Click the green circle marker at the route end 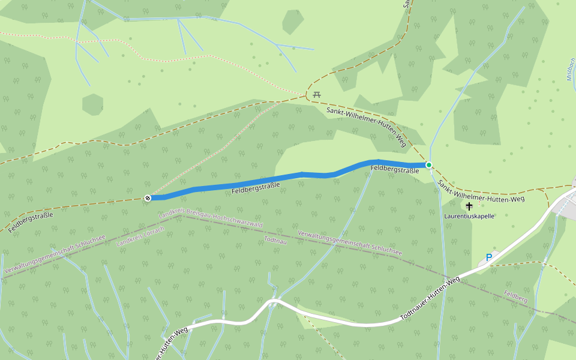tap(428, 165)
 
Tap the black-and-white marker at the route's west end tap(148, 197)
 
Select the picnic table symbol tap(317, 95)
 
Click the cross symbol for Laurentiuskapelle tap(469, 206)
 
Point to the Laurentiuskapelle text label tap(469, 216)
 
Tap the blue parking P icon tap(488, 258)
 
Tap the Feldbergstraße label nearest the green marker tap(394, 170)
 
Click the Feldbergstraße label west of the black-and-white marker tap(31, 221)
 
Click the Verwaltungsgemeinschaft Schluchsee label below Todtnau tap(349, 242)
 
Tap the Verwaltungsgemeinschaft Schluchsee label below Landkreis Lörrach tap(55, 254)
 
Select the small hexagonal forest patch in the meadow tap(92, 104)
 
